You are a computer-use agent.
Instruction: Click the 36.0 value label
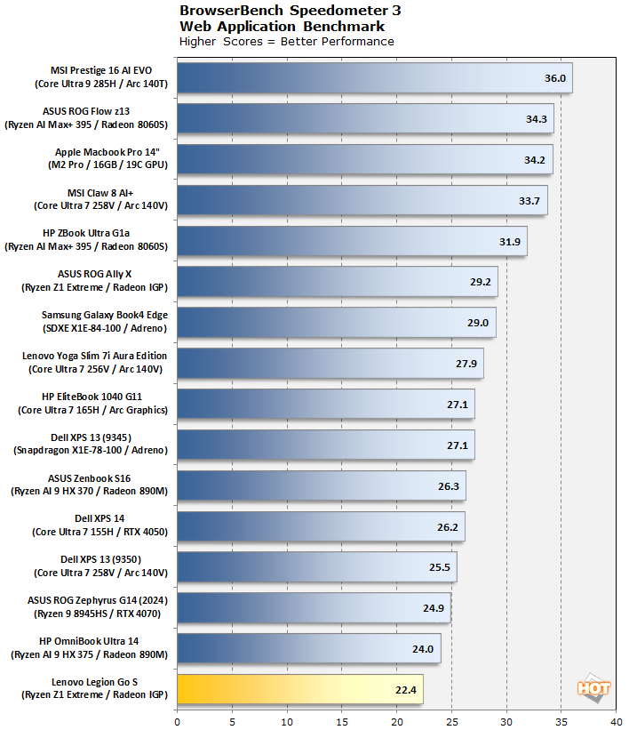pos(554,78)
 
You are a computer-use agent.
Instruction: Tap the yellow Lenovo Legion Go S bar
pos(299,689)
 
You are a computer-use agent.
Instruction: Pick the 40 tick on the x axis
pos(616,722)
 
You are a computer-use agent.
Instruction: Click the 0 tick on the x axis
pos(178,722)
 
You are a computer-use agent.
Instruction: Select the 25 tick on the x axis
pos(451,722)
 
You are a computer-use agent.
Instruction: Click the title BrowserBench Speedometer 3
pos(290,12)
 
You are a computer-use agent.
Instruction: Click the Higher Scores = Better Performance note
pos(286,41)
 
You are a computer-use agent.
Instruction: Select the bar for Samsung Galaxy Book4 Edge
pos(336,323)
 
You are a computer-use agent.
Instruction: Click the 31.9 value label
pos(510,242)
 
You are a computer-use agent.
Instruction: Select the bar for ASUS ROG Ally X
pos(338,282)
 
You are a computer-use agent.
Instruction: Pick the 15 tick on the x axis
pos(342,722)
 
